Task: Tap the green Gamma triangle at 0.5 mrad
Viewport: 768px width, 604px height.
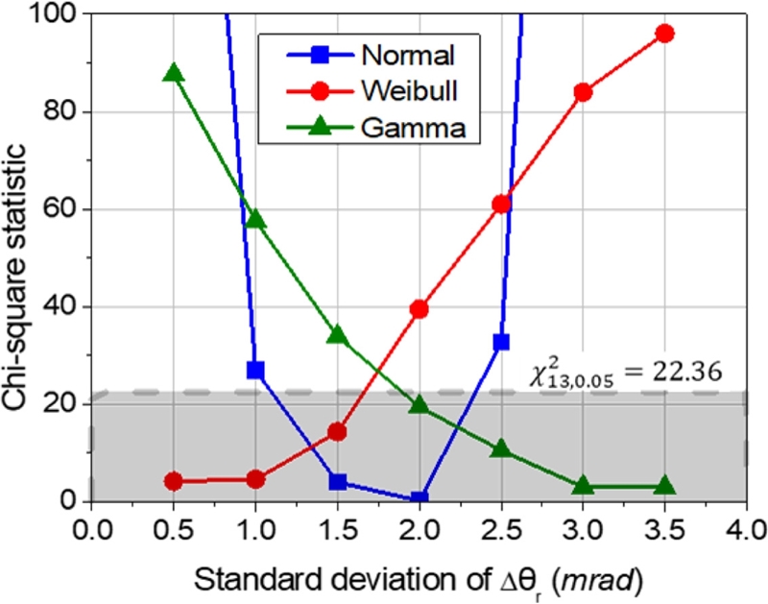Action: pyautogui.click(x=174, y=74)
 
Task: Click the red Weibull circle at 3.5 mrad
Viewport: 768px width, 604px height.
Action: pyautogui.click(x=664, y=34)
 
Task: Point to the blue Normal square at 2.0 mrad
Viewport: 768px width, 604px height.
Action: pyautogui.click(x=419, y=498)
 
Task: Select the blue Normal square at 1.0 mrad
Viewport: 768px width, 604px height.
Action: pyautogui.click(x=255, y=370)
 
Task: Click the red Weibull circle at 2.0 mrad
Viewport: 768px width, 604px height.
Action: pyautogui.click(x=419, y=309)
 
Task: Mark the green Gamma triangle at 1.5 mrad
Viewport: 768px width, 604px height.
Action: pyautogui.click(x=337, y=335)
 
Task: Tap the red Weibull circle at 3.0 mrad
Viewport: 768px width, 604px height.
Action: pyautogui.click(x=583, y=92)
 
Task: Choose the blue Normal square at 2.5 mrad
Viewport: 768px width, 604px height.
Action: pyautogui.click(x=501, y=342)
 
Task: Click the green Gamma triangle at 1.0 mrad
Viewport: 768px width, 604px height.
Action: pyautogui.click(x=255, y=219)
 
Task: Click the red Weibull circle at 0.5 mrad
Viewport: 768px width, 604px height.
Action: pyautogui.click(x=174, y=481)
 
